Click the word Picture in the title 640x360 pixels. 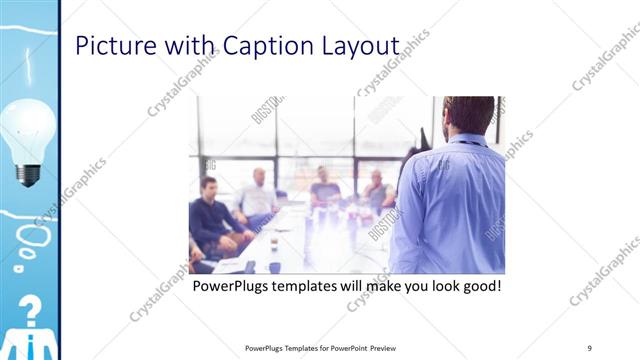116,46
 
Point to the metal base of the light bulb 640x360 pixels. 29,173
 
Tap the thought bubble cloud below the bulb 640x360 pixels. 33,237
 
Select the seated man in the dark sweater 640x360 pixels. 212,215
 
